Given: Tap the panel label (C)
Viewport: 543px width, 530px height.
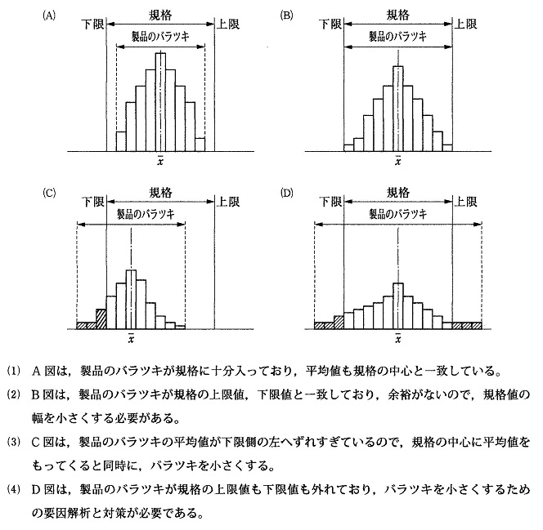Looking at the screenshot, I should pos(49,193).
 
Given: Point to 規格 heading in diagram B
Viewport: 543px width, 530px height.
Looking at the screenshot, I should pos(398,15).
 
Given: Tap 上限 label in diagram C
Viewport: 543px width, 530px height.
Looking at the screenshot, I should pos(227,202).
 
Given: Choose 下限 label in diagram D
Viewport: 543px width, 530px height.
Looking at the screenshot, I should pos(331,202).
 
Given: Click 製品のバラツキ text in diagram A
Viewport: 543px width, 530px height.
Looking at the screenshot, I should pos(161,37).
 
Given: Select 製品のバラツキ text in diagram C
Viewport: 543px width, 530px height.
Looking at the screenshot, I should pos(131,214).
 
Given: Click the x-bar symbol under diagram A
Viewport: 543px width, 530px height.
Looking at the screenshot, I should pos(161,161).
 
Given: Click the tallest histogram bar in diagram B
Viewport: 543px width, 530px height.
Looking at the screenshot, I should pos(398,108).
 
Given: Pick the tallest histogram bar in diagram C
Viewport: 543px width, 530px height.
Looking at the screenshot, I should pos(131,299).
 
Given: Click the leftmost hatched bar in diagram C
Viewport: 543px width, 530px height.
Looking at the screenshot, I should pos(86,325).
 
